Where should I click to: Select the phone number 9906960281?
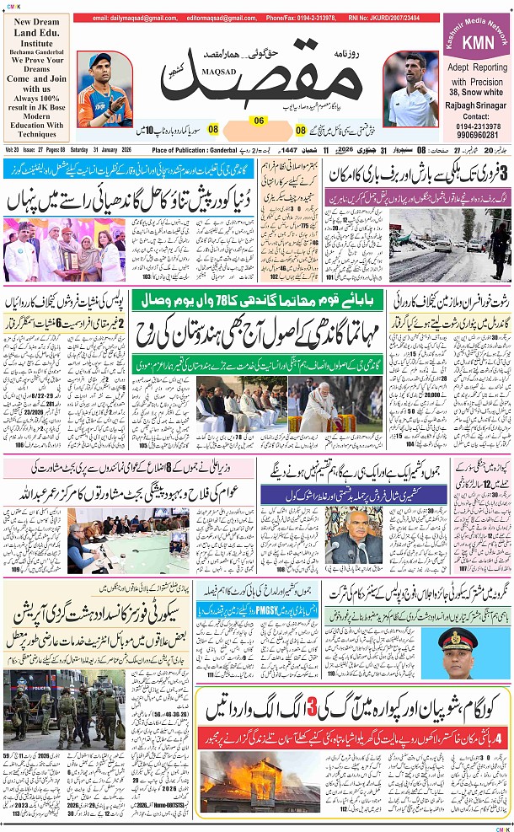tap(477, 135)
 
